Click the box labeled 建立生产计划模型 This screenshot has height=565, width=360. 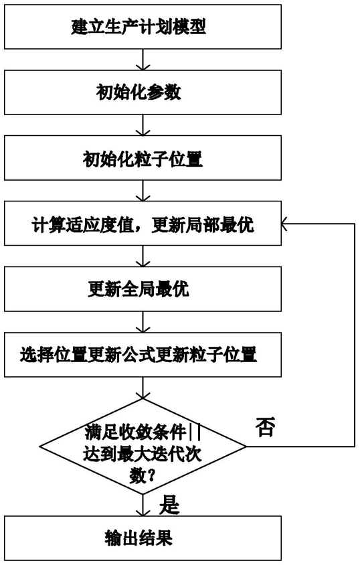click(x=143, y=27)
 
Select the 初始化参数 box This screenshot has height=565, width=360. click(x=143, y=92)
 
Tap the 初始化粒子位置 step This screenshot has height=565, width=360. click(x=143, y=158)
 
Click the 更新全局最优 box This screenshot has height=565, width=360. click(x=143, y=289)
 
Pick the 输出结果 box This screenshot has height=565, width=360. click(x=143, y=538)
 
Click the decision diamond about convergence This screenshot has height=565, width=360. click(x=143, y=447)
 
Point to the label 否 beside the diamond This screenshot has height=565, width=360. click(x=266, y=427)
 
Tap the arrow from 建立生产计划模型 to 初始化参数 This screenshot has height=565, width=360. click(x=143, y=60)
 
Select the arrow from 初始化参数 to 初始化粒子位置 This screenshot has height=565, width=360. click(x=143, y=125)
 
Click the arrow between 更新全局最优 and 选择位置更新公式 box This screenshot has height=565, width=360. click(x=143, y=322)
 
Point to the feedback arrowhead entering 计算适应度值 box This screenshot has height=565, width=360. click(x=285, y=224)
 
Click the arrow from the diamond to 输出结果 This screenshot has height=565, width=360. click(x=143, y=505)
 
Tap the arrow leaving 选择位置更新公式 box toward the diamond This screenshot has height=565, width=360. click(x=143, y=388)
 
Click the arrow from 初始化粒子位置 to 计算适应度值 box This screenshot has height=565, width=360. click(x=143, y=191)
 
